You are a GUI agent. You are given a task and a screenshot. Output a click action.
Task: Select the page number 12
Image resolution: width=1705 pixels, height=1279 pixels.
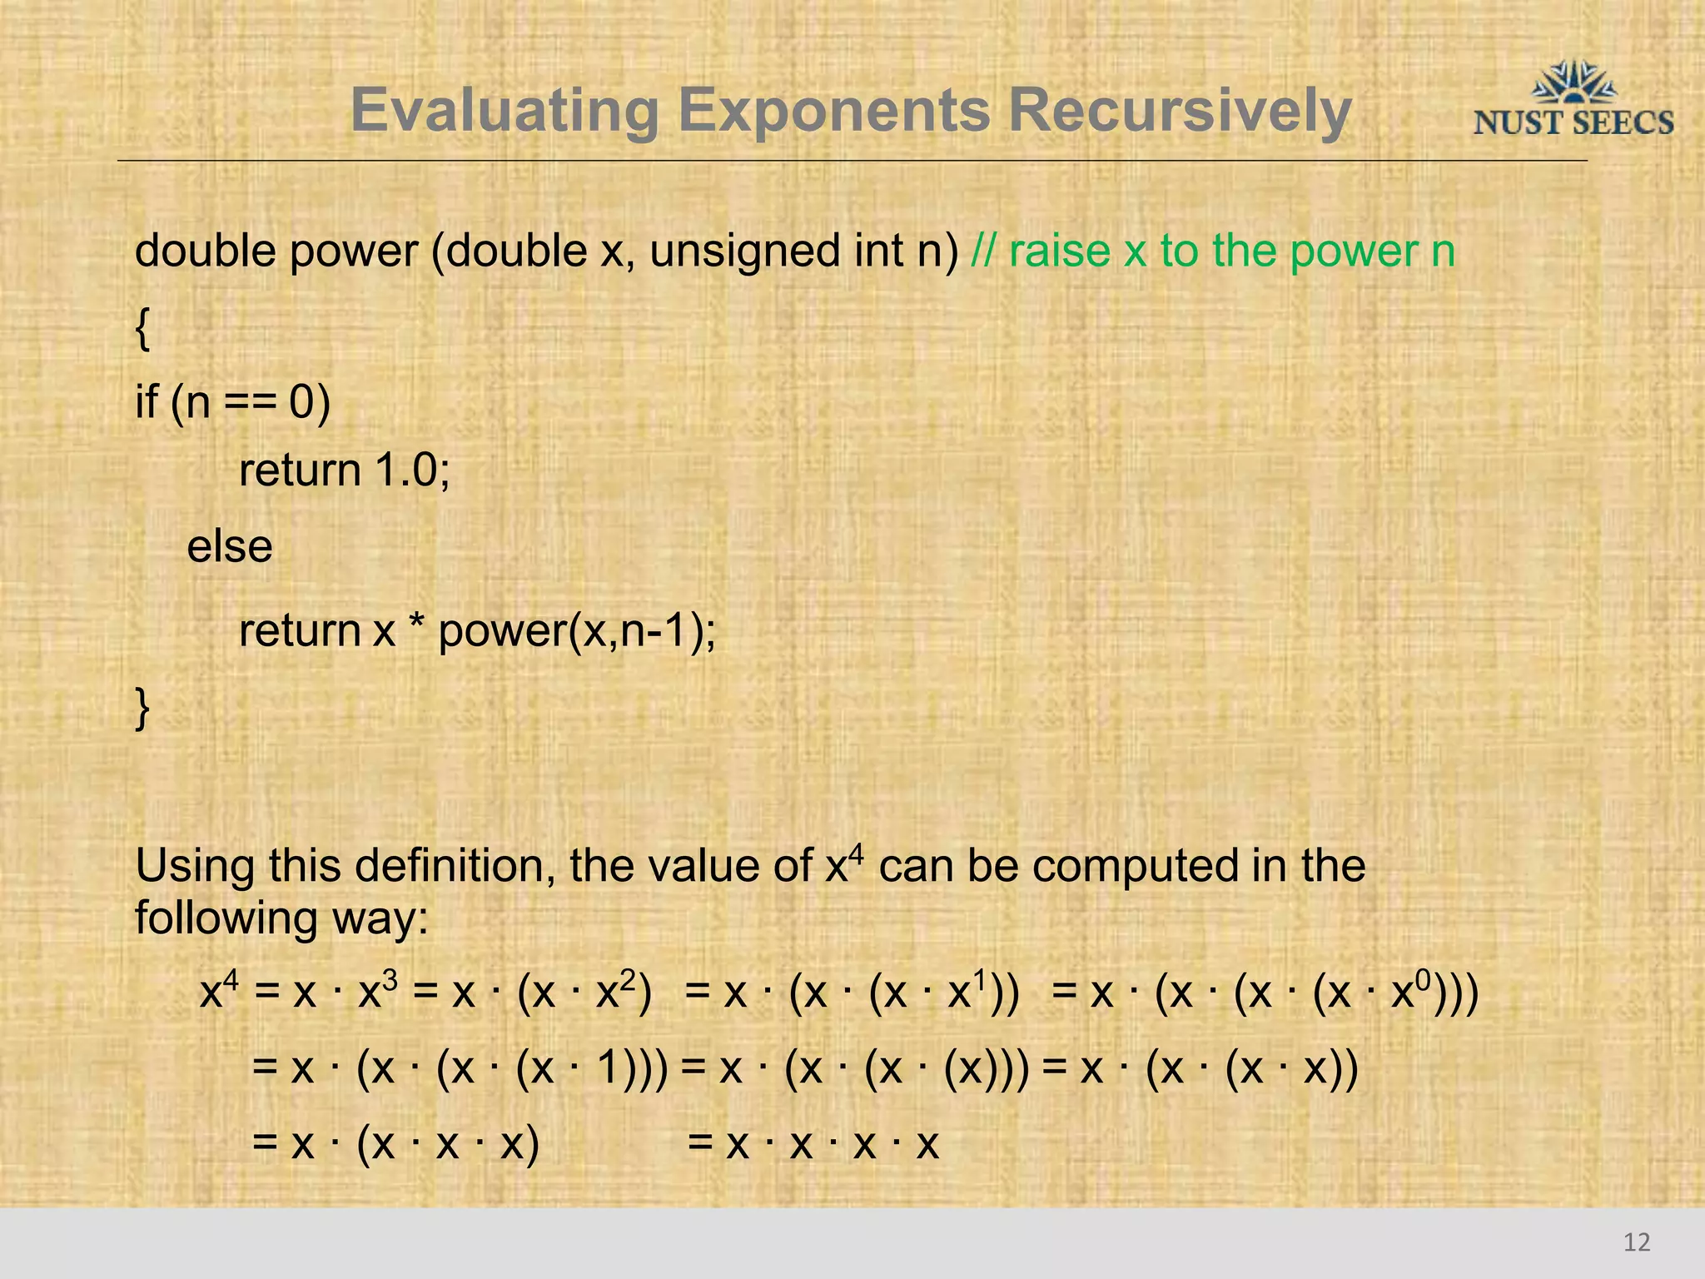pyautogui.click(x=1636, y=1242)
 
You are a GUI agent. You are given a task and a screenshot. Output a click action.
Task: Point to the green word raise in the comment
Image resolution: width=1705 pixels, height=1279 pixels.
pyautogui.click(x=1060, y=251)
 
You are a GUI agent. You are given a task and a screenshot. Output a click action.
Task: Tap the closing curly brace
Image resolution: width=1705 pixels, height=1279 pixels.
pyautogui.click(x=142, y=709)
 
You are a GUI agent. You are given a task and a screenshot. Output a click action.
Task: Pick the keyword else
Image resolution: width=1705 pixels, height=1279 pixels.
pyautogui.click(x=230, y=547)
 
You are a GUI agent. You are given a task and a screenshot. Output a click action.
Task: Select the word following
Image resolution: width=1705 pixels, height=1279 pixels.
pyautogui.click(x=226, y=918)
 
